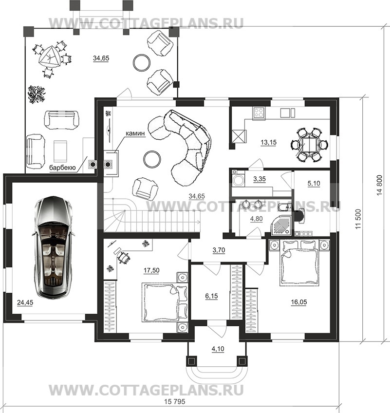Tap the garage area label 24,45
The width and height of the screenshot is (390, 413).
pyautogui.click(x=25, y=302)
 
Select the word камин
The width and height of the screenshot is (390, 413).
pyautogui.click(x=135, y=133)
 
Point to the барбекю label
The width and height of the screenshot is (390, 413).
pyautogui.click(x=62, y=168)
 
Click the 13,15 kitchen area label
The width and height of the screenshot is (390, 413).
pyautogui.click(x=268, y=143)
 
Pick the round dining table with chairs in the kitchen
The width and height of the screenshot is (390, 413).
pyautogui.click(x=309, y=145)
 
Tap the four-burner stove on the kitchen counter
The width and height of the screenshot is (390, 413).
pyautogui.click(x=259, y=113)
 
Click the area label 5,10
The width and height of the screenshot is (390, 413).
pyautogui.click(x=314, y=183)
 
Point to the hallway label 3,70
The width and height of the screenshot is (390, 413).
pyautogui.click(x=219, y=250)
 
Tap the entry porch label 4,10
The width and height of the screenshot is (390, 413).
pyautogui.click(x=218, y=349)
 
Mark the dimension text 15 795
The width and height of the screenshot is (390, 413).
pyautogui.click(x=174, y=401)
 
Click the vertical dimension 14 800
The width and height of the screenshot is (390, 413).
pyautogui.click(x=379, y=185)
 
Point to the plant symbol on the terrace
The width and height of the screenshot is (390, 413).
pyautogui.click(x=37, y=94)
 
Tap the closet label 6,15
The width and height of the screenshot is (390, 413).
pyautogui.click(x=211, y=296)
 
